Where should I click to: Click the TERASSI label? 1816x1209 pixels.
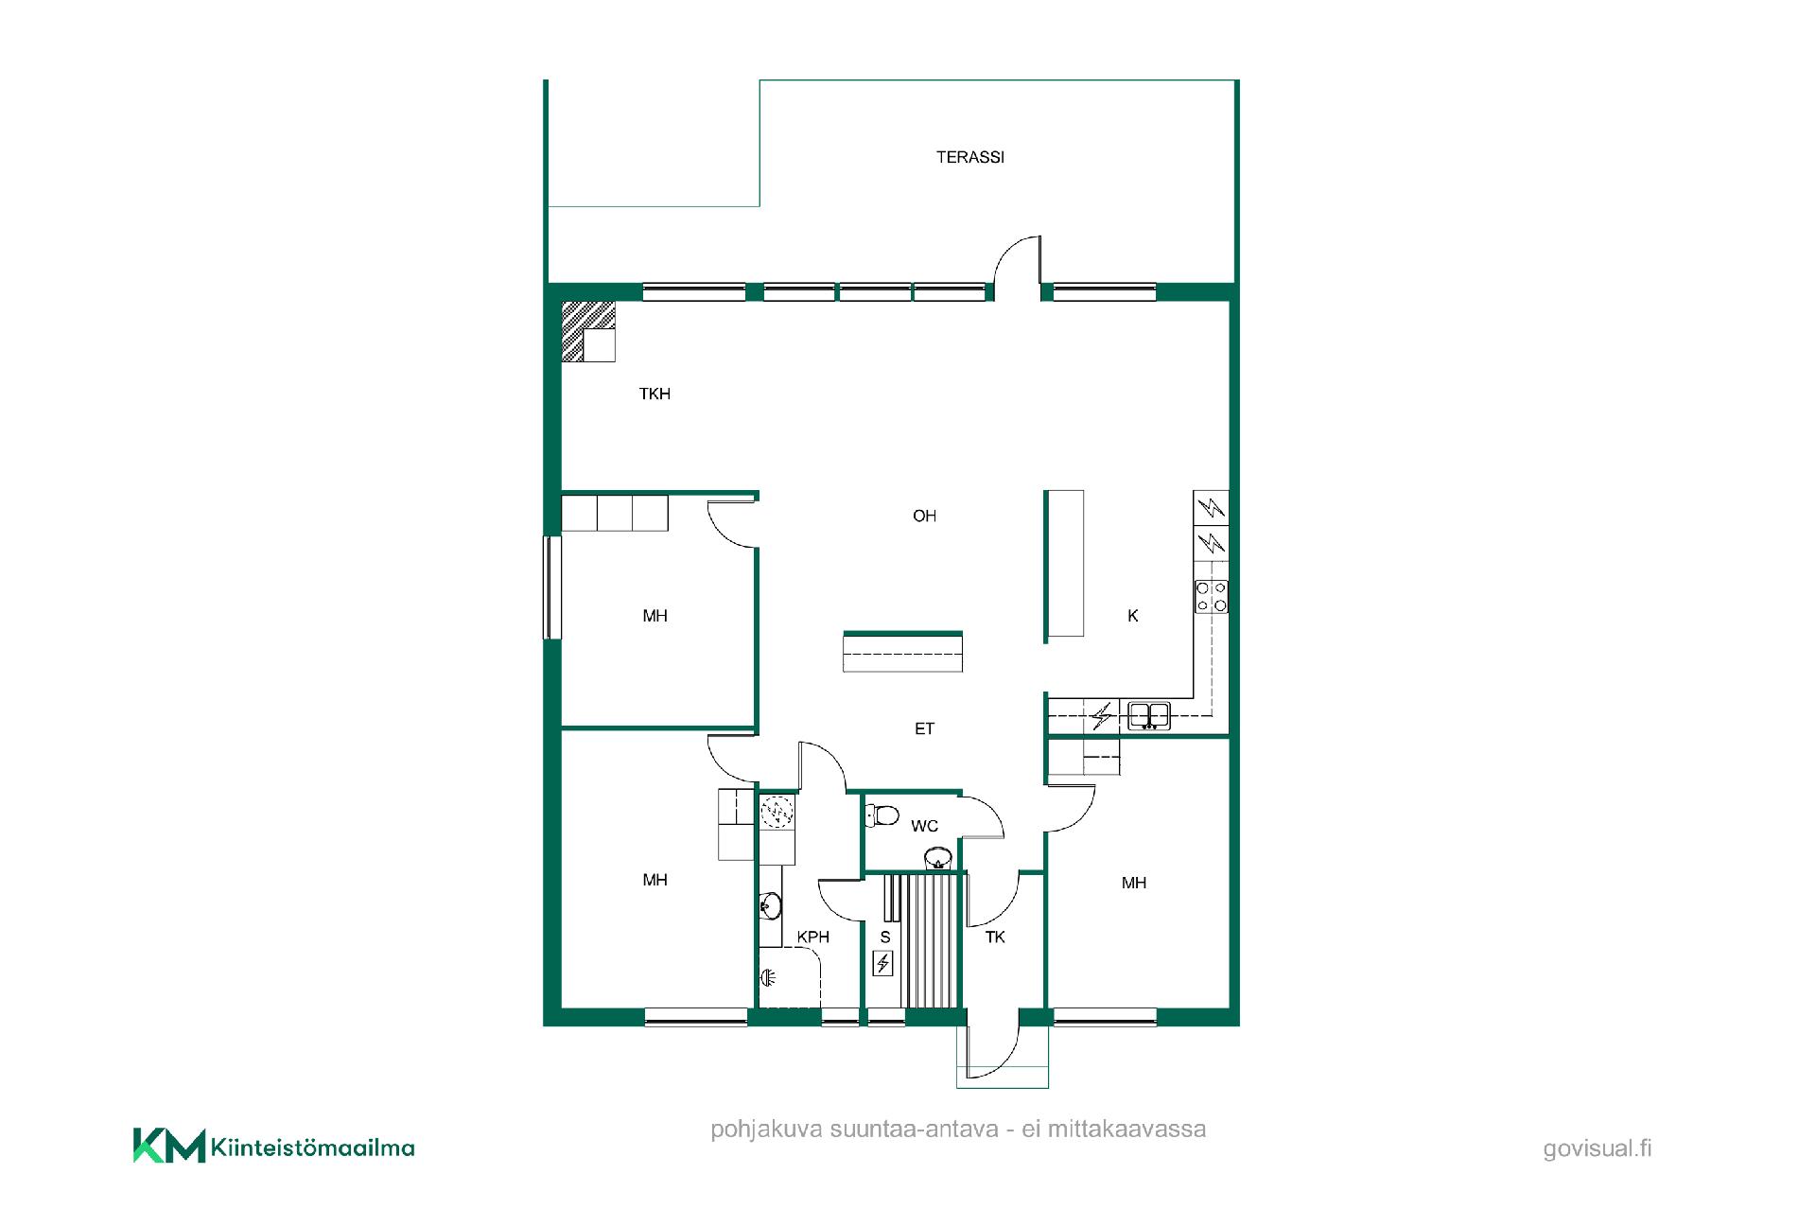(969, 157)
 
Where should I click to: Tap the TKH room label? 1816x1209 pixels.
(655, 394)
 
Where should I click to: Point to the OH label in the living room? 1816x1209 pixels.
(924, 516)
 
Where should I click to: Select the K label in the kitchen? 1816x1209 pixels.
(1133, 616)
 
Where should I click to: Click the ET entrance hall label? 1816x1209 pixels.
(924, 728)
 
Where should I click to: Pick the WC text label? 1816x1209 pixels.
(924, 826)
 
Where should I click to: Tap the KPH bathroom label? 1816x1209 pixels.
(812, 937)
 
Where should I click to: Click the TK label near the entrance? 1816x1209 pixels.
(995, 937)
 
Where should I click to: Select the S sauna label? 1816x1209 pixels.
(885, 937)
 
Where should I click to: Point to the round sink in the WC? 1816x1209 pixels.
(937, 858)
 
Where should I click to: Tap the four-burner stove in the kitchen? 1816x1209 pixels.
(1212, 596)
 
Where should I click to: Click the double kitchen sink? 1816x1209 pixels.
(1149, 715)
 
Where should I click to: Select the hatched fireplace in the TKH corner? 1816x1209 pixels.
(588, 331)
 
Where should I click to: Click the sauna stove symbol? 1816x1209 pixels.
(882, 964)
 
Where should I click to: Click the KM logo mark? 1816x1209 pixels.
(169, 1146)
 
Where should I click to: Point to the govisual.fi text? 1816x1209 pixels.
(1598, 1149)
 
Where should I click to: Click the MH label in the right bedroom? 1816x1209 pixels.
(1133, 883)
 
